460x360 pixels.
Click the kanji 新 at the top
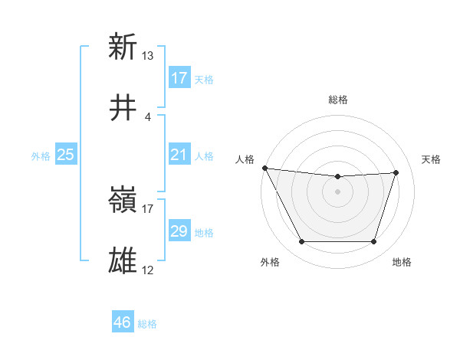point(123,47)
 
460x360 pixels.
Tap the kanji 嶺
point(123,201)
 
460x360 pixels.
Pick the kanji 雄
point(123,261)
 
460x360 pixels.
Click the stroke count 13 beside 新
point(148,56)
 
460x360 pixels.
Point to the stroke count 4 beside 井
point(148,116)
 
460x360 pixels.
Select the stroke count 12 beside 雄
point(148,270)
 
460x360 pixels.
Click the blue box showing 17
point(179,78)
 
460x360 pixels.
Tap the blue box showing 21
point(179,155)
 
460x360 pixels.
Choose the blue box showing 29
point(179,232)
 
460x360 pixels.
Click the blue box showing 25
point(66,155)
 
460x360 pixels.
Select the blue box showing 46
point(123,323)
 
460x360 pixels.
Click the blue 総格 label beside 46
point(147,324)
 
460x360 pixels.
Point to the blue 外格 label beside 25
point(41,156)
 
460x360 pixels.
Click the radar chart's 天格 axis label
point(431,159)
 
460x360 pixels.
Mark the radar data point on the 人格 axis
point(264,168)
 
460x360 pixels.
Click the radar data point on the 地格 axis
point(374,242)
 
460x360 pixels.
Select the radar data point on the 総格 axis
point(337,177)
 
